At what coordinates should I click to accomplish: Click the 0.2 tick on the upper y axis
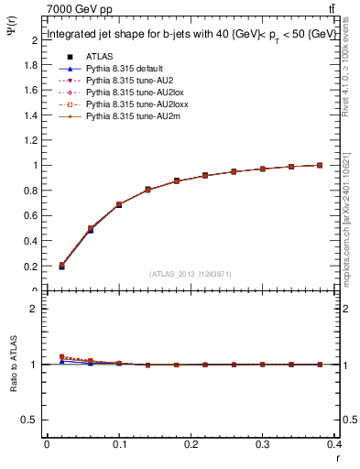pyautogui.click(x=32, y=266)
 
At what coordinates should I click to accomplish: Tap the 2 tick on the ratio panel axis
pyautogui.click(x=35, y=309)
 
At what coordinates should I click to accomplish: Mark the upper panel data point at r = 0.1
pyautogui.click(x=120, y=205)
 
